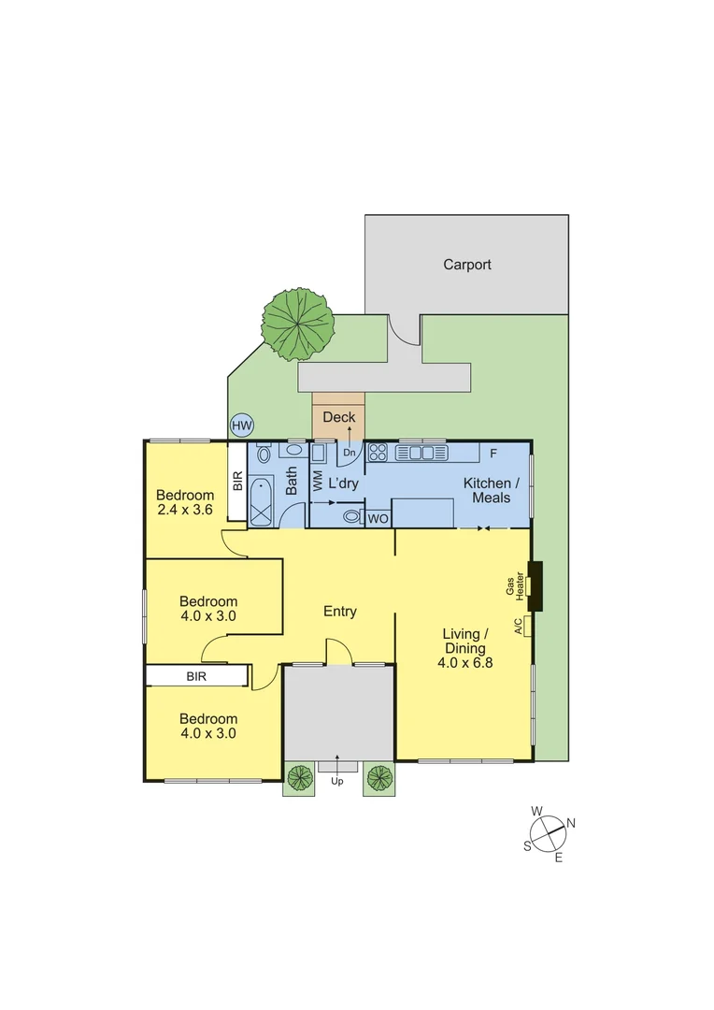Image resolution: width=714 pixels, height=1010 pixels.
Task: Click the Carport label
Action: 466,265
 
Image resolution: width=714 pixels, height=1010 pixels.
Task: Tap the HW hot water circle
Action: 241,426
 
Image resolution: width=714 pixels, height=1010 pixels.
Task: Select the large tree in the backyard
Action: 298,325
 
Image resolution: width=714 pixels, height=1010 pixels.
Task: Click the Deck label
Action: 338,417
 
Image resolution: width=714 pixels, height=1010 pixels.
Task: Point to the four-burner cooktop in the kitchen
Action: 378,454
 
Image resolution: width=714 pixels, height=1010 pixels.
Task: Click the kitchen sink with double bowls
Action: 421,454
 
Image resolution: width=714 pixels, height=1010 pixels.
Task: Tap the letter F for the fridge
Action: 493,454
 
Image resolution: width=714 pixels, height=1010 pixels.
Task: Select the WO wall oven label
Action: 378,518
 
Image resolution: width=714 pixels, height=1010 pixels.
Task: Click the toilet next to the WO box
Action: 352,516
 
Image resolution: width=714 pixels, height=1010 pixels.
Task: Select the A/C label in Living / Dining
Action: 519,626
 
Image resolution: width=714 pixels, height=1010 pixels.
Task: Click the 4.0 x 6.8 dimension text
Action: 464,663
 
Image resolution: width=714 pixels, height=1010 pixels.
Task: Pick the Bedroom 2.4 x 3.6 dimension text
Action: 184,511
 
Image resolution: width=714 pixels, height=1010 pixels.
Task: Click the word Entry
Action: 339,612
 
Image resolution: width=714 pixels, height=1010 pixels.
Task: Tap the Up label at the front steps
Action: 337,781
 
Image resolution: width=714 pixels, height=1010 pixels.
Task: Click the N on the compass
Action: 570,823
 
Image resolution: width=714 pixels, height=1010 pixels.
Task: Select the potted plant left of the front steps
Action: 299,778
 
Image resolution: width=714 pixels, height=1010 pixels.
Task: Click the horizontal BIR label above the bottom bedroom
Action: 196,675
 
